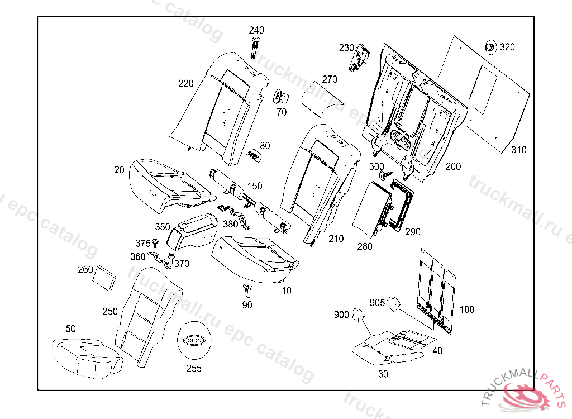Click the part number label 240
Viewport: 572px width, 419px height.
pos(256,30)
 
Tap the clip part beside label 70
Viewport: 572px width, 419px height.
pos(280,97)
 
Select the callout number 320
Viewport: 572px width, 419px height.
pos(507,47)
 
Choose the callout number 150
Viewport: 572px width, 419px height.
pos(255,186)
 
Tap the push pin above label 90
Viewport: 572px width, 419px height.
pos(247,290)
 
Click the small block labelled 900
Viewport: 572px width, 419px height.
pos(357,317)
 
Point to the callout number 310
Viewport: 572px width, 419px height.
pos(518,150)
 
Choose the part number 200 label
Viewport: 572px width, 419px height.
pos(453,166)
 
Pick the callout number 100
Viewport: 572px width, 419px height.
pos(466,310)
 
